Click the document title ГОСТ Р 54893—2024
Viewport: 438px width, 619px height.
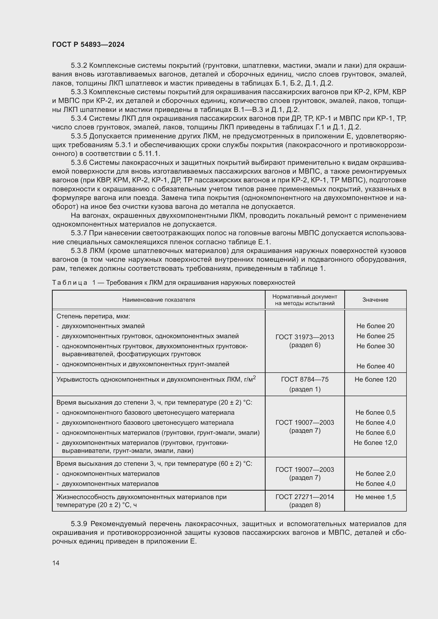[x=88, y=44]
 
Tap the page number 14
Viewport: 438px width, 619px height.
[x=56, y=563]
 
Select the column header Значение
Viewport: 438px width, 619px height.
[x=375, y=300]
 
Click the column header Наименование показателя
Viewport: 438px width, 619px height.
[x=159, y=300]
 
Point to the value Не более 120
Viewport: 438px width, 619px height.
[x=375, y=379]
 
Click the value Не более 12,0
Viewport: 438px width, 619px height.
[x=375, y=442]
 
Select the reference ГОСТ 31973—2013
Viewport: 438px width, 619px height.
[x=305, y=337]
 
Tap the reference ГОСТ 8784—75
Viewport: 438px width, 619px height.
[x=305, y=379]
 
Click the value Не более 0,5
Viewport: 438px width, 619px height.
[x=375, y=412]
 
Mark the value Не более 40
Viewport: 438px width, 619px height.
[x=375, y=366]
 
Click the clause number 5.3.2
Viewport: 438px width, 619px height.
[x=79, y=66]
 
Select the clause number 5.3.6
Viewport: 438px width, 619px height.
[x=79, y=162]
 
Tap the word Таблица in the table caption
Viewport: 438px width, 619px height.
[x=70, y=283]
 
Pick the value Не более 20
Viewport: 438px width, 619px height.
[x=375, y=326]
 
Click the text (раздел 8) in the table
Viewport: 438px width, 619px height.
[x=305, y=505]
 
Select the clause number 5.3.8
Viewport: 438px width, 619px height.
[x=79, y=251]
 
